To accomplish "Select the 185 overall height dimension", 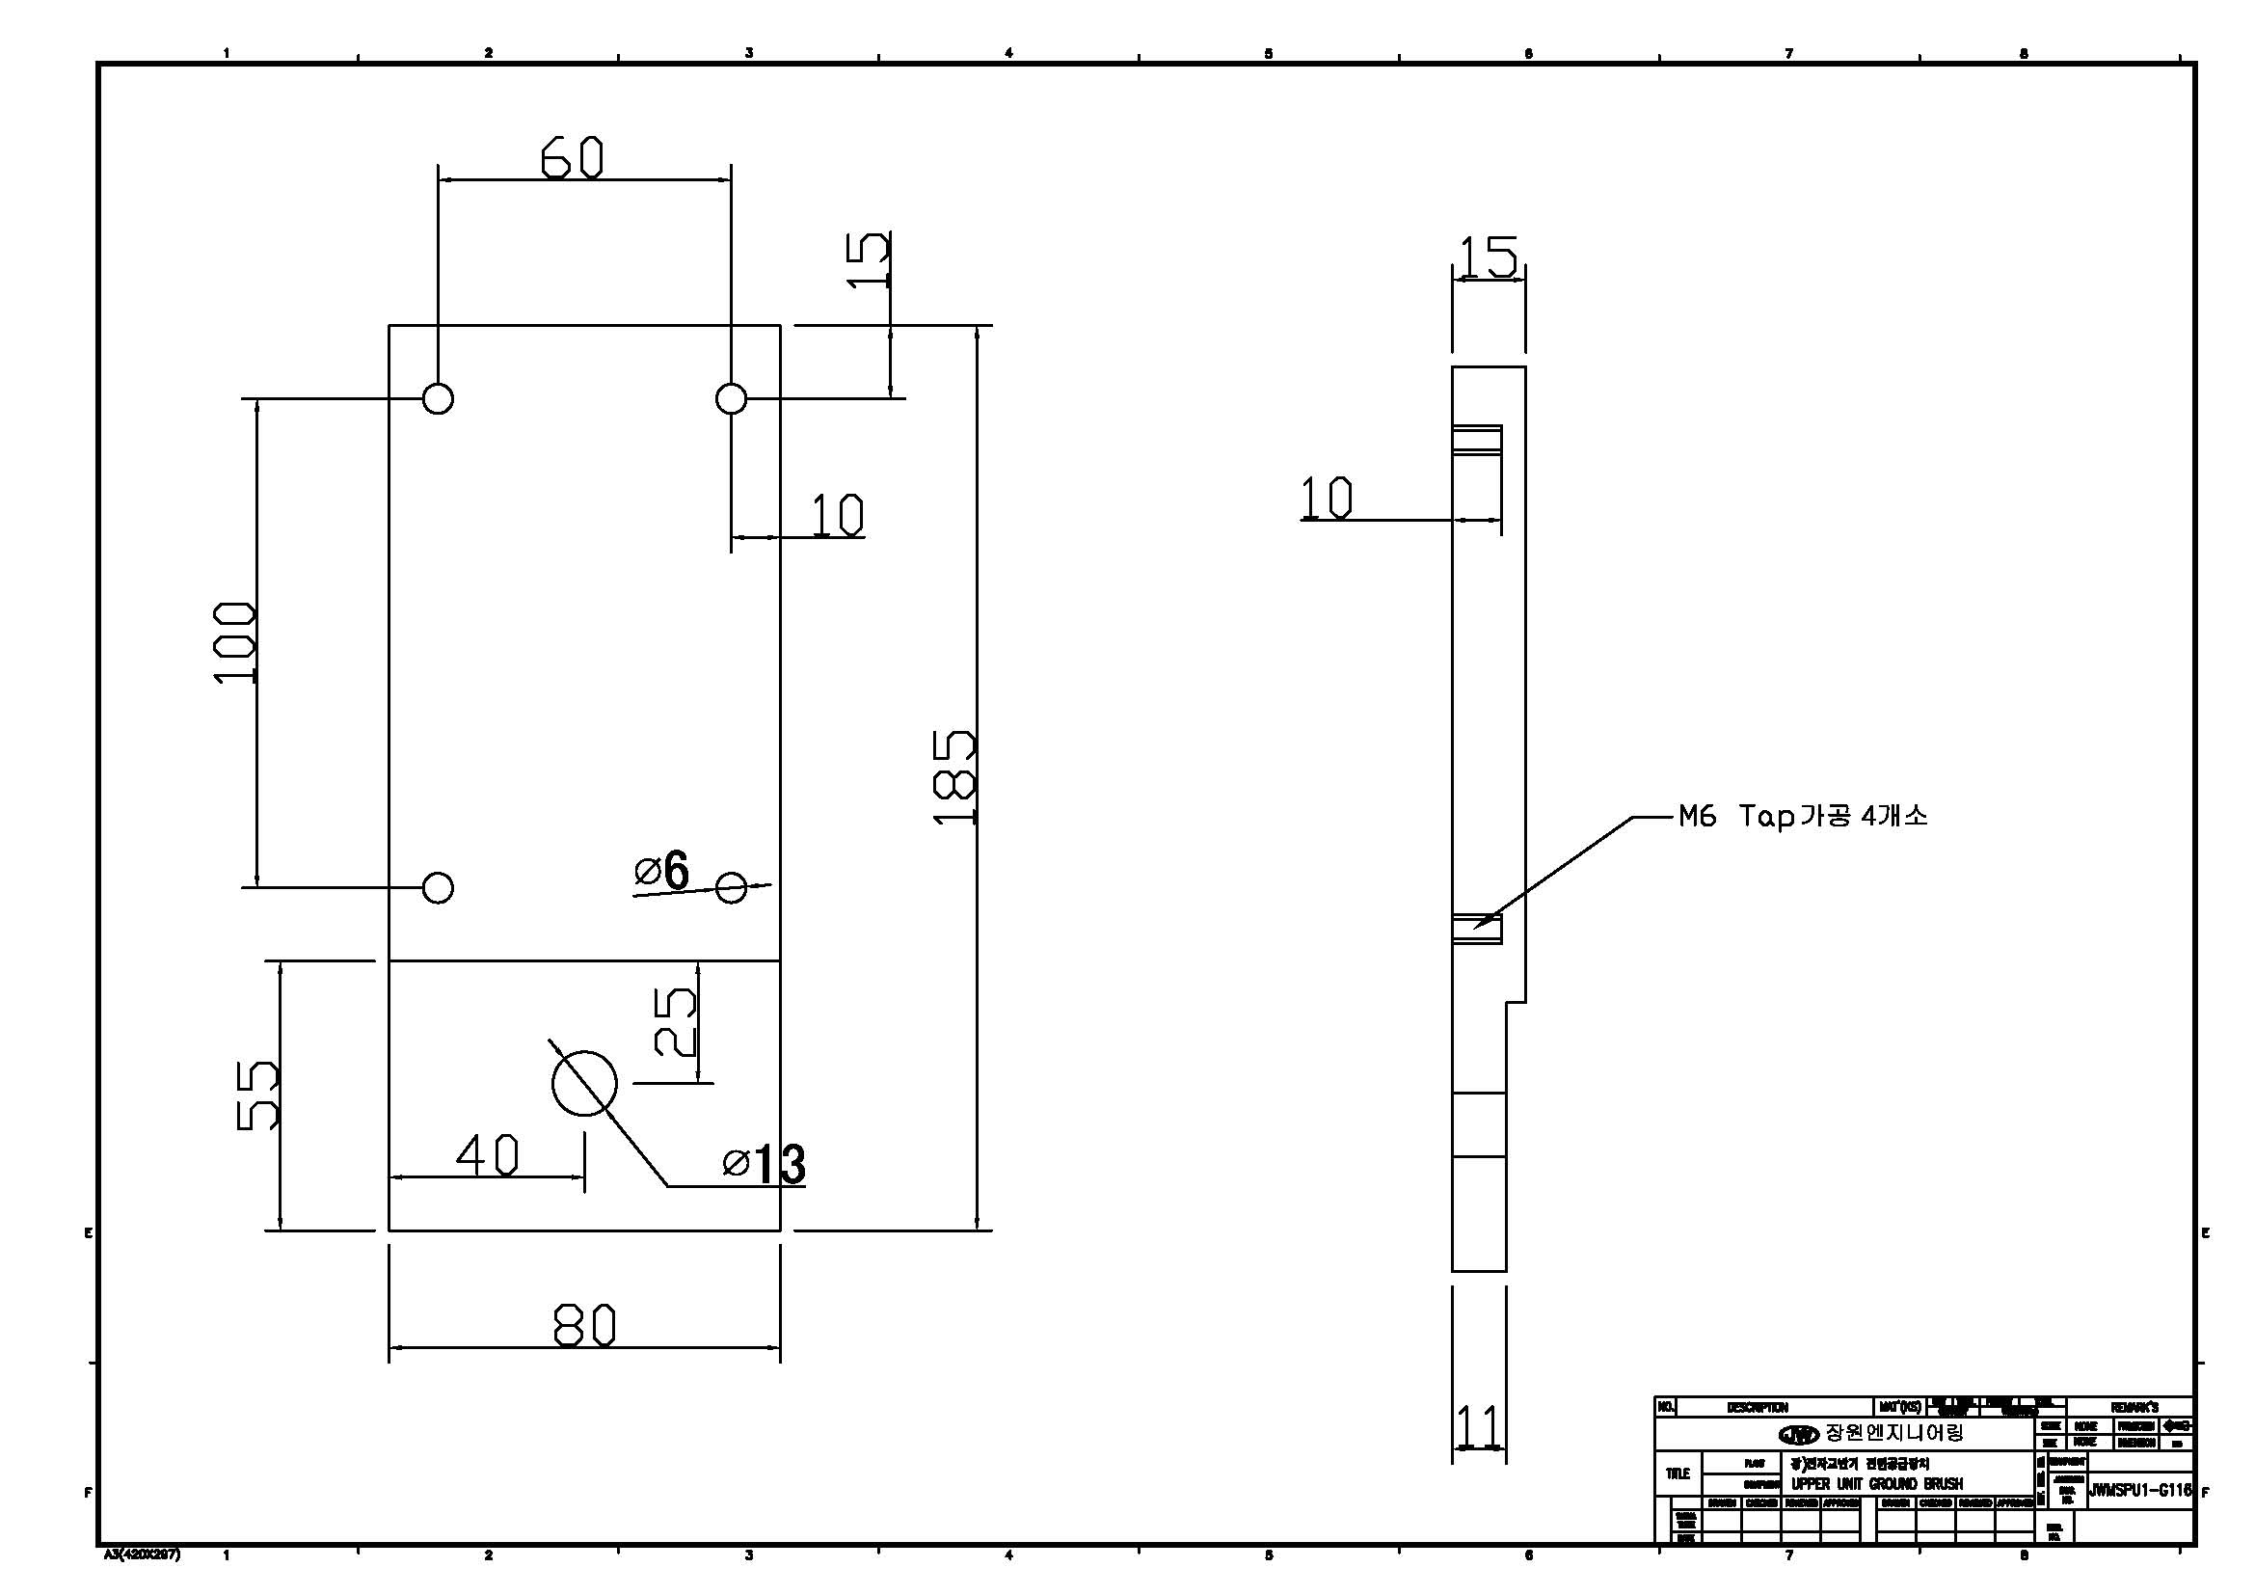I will point(953,777).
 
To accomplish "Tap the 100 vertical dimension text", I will point(235,642).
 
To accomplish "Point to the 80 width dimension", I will point(584,1325).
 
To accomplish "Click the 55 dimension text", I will point(258,1095).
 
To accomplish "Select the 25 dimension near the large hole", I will point(676,1021).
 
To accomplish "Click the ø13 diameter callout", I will point(765,1165).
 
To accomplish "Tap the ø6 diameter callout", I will point(662,870).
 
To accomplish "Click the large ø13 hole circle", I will point(584,1083).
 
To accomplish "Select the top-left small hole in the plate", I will point(438,399).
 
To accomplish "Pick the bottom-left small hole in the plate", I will point(438,888).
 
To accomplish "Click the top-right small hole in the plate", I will point(731,399).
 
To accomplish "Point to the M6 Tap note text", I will point(1803,816).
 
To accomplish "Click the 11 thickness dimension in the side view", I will point(1478,1426).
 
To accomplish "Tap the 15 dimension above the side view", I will point(1488,257).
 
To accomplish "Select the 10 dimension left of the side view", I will point(1326,498).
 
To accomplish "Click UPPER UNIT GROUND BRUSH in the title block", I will point(1877,1484).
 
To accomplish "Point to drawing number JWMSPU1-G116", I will point(2139,1490).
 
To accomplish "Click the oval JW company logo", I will point(1799,1435).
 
